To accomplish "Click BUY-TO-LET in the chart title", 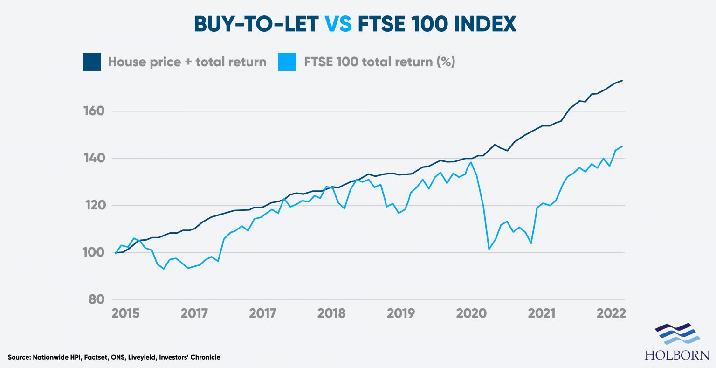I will click(256, 24).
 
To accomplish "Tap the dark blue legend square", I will click(92, 62).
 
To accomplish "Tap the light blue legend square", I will click(287, 62).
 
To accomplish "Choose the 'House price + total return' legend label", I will click(187, 62).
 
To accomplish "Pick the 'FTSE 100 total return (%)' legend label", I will click(379, 62).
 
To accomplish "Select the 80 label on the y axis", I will click(96, 299).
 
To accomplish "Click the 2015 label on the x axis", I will click(125, 313).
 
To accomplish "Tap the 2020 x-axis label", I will click(471, 313).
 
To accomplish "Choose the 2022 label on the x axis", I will click(611, 313).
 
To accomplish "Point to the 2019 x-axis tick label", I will click(400, 313).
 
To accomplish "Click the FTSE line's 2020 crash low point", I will click(489, 249).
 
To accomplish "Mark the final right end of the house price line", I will click(622, 81).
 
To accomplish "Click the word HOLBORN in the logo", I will click(677, 355).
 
